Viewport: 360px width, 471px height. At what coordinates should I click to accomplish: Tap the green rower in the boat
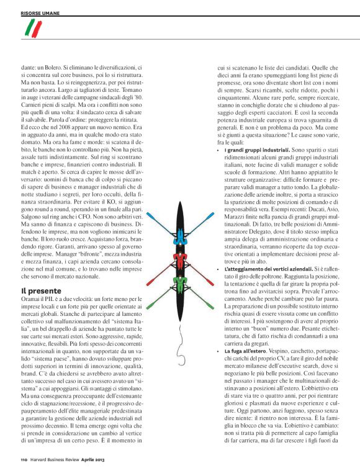(x=179, y=284)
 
